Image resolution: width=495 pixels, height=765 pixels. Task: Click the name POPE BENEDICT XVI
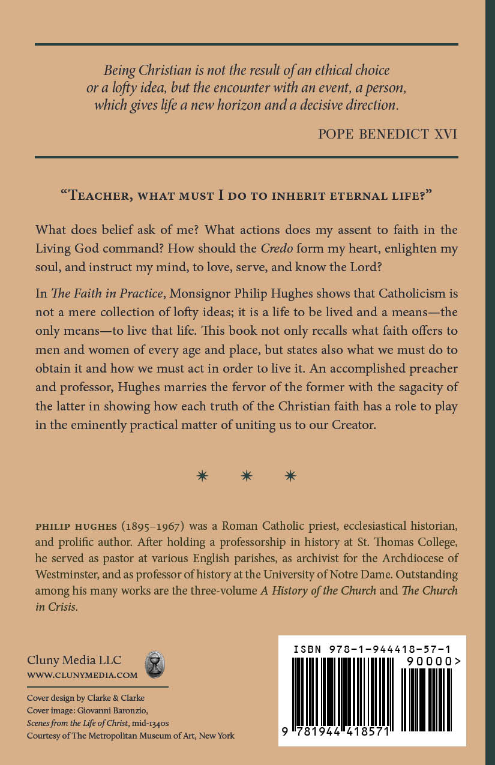[x=388, y=133]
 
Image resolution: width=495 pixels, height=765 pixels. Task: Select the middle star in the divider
[x=247, y=476]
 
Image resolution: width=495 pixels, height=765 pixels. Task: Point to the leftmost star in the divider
[x=203, y=476]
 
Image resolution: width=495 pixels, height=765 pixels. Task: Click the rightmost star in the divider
[x=290, y=476]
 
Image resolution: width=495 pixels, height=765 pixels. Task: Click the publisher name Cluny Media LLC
[x=74, y=661]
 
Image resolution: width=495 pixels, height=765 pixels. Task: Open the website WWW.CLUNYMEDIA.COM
[x=82, y=675]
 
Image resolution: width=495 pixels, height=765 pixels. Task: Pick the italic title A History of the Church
[x=318, y=590]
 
